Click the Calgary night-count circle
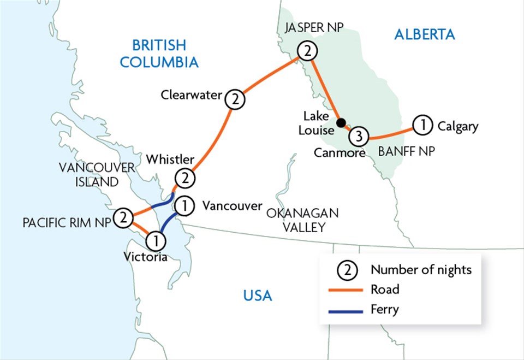[421, 126]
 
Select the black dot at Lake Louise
[340, 122]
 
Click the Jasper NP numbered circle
[307, 52]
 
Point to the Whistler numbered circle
[184, 178]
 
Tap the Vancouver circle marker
[185, 205]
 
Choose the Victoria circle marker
[156, 240]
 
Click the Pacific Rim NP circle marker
[123, 218]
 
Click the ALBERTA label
[424, 34]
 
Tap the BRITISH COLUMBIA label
[159, 54]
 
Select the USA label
[257, 296]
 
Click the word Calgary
[457, 127]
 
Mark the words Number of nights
[421, 270]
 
